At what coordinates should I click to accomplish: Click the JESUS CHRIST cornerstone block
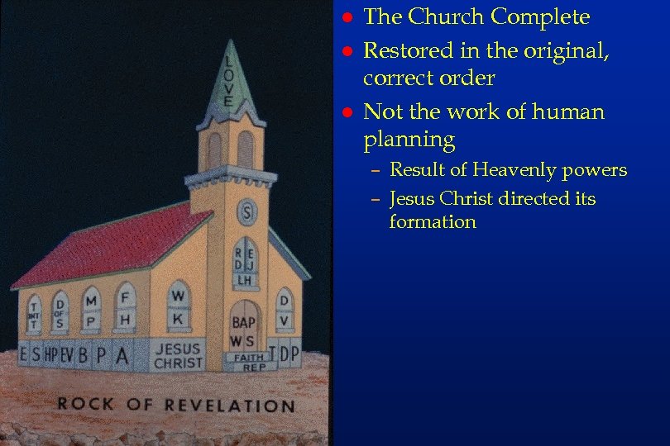178,356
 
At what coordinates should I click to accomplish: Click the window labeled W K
179,305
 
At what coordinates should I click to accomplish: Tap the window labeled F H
126,306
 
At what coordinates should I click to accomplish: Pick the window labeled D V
284,308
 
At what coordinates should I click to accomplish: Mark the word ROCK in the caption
85,404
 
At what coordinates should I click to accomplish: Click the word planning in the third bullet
409,140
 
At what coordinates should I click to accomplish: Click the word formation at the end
433,222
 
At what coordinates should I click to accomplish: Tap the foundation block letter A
122,355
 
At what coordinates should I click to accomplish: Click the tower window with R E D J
245,259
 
